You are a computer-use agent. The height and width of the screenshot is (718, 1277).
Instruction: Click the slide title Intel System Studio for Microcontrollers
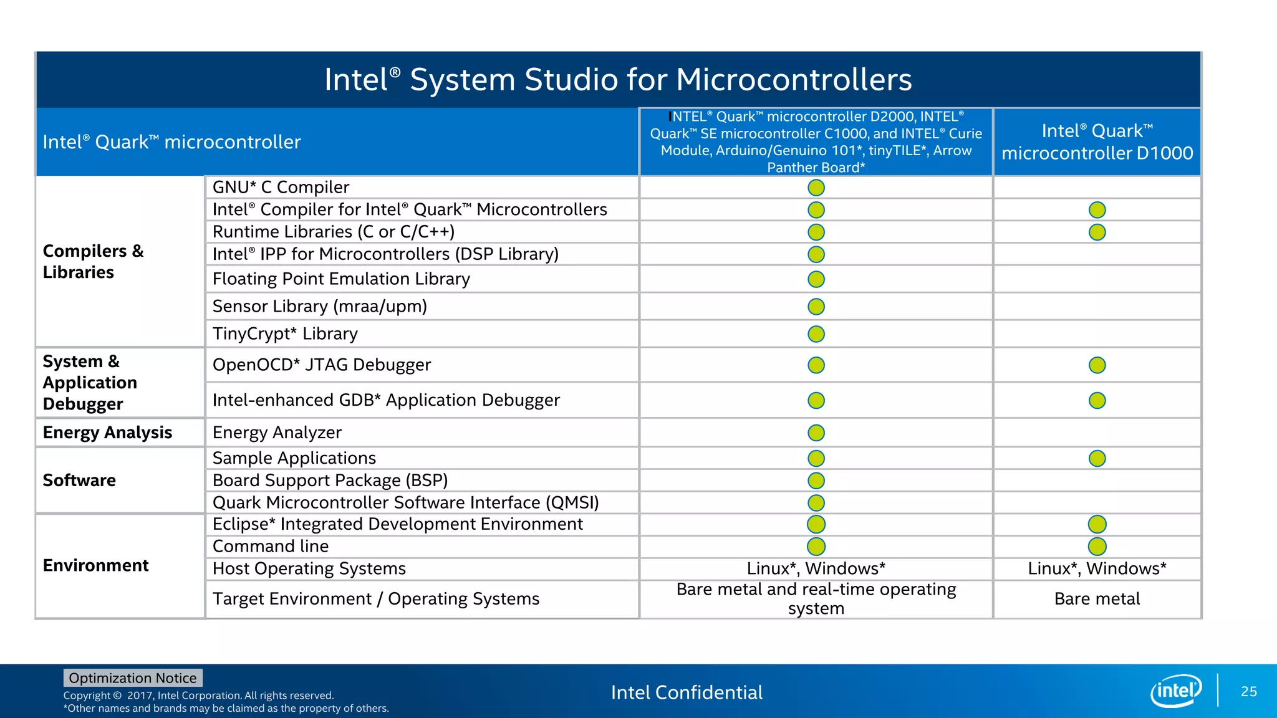pos(618,80)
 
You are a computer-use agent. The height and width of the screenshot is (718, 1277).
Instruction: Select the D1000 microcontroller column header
pos(1097,142)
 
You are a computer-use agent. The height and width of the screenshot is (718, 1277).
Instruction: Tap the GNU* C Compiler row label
pos(281,187)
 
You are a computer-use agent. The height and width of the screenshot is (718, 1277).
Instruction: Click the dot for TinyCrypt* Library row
pos(816,334)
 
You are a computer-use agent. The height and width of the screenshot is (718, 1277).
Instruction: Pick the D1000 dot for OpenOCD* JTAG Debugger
pos(1097,365)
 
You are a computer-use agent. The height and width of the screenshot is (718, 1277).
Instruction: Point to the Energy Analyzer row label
pos(277,433)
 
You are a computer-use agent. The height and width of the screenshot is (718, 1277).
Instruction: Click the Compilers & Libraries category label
pos(93,261)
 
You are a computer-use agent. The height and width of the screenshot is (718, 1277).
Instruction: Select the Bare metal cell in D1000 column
pos(1097,599)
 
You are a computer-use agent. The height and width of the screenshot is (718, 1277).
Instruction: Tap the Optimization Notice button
pos(133,677)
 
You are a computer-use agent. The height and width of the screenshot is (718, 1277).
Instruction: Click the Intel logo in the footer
pos(1176,691)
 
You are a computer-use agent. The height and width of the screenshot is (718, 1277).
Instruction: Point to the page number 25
pos(1248,691)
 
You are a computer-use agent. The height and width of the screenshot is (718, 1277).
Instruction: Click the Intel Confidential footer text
pos(687,692)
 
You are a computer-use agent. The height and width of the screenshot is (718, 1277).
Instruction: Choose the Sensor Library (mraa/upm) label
pos(319,306)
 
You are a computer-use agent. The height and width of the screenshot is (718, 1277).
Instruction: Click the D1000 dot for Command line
pos(1097,547)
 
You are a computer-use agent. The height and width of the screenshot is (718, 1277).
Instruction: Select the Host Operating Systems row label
pos(309,568)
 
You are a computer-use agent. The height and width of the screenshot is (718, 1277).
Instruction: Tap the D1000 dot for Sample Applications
pos(1097,459)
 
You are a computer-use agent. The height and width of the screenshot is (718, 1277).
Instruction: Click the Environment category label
pos(95,565)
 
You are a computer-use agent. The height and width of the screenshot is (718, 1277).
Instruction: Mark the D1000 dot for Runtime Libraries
pos(1097,232)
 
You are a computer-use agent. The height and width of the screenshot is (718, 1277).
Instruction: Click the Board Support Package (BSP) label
pos(330,481)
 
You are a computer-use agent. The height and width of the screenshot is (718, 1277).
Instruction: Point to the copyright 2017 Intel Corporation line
pos(198,696)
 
